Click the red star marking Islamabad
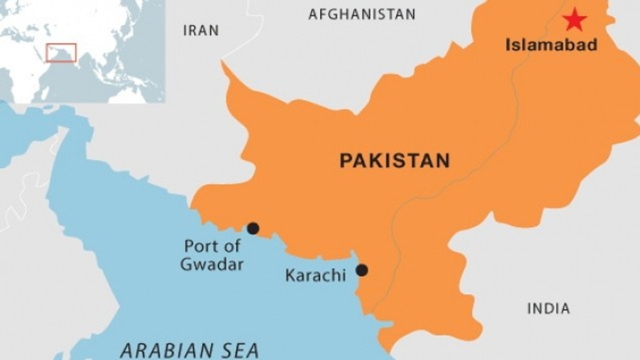tap(575, 20)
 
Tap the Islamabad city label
tap(552, 45)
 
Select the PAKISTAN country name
tap(395, 161)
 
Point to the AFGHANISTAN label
tap(362, 14)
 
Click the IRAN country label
tap(201, 31)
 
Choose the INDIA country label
tap(549, 309)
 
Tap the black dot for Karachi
tap(362, 270)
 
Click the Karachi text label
tap(316, 276)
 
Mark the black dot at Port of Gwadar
tap(253, 228)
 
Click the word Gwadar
tap(212, 265)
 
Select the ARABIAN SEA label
tap(189, 350)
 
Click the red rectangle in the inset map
tap(61, 53)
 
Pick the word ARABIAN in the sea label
tap(163, 350)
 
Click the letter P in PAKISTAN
tap(345, 161)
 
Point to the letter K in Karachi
tap(290, 276)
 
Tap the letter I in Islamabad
tap(508, 45)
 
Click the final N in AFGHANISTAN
tap(410, 14)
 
